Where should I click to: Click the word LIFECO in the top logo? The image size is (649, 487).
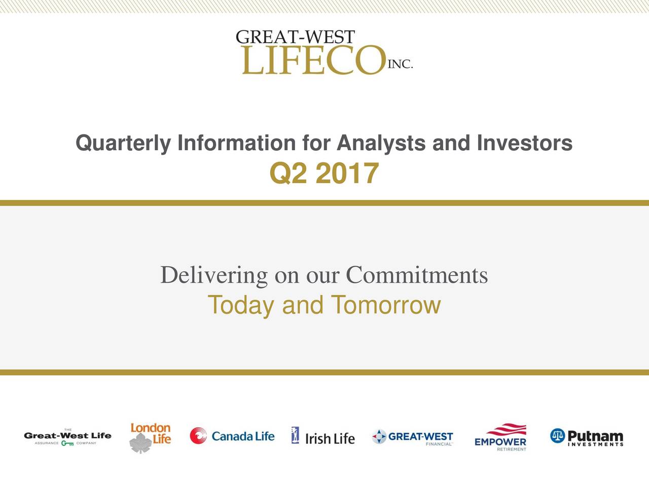click(x=314, y=60)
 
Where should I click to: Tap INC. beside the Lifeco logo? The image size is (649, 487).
click(x=400, y=64)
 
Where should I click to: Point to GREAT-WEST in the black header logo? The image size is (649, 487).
click(x=295, y=37)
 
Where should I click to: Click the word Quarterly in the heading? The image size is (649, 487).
click(x=123, y=144)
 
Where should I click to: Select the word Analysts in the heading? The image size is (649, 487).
click(x=381, y=144)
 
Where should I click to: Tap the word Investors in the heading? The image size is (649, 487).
click(x=524, y=143)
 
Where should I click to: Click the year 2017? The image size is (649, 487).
click(x=347, y=173)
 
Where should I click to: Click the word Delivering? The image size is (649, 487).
click(x=214, y=275)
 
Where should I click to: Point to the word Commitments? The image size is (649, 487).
click(x=417, y=275)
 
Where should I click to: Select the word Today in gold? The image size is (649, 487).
click(x=241, y=305)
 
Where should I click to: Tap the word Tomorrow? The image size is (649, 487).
click(x=386, y=304)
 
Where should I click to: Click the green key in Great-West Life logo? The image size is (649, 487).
click(x=67, y=443)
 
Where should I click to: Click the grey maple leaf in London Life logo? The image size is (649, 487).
click(x=141, y=443)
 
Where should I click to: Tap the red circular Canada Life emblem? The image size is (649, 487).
click(x=198, y=436)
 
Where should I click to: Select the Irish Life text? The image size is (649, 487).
click(x=330, y=439)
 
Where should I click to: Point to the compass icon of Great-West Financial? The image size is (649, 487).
click(x=379, y=436)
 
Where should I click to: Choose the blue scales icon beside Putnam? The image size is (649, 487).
click(x=558, y=436)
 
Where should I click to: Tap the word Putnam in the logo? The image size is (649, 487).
click(x=595, y=436)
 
